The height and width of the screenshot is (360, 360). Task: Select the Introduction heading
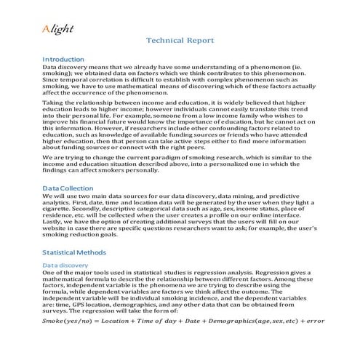(64, 58)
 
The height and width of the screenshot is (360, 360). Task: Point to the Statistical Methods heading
(74, 252)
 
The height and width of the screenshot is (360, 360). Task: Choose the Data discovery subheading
(65, 265)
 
